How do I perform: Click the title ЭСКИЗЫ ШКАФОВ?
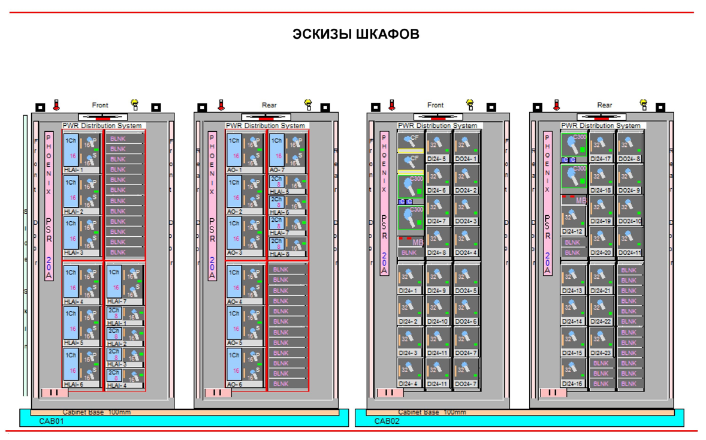click(355, 34)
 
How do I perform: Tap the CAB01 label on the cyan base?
click(52, 421)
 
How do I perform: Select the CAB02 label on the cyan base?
click(387, 421)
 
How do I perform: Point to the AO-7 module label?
click(279, 170)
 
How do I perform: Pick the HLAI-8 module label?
click(280, 254)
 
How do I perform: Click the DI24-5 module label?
click(437, 159)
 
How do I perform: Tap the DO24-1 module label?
click(466, 159)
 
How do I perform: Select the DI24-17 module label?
click(601, 159)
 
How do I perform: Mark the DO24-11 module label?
click(629, 253)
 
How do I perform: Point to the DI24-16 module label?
click(572, 384)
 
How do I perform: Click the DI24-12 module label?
click(572, 231)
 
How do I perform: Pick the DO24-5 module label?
click(466, 291)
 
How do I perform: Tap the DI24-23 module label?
click(601, 353)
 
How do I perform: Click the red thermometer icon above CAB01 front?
click(56, 106)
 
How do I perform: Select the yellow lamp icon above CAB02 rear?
click(644, 106)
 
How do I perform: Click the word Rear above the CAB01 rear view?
click(269, 106)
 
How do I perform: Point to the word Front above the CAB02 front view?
click(436, 106)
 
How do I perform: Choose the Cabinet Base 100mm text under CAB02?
click(433, 412)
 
